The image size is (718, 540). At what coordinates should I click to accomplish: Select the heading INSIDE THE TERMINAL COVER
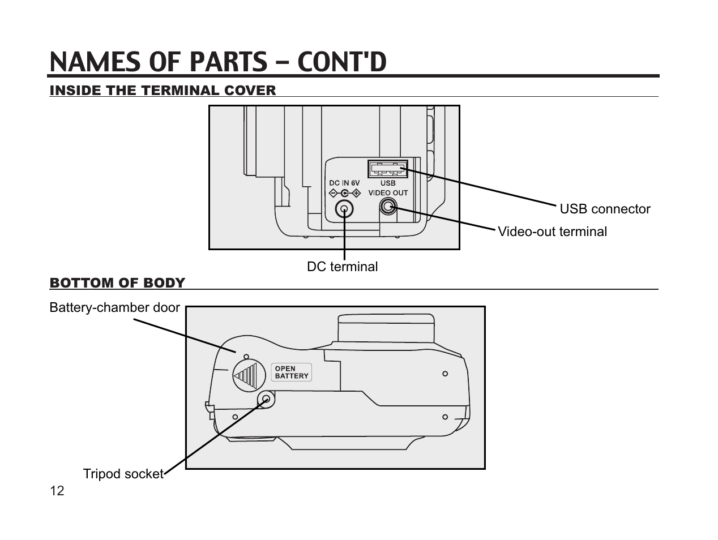(163, 91)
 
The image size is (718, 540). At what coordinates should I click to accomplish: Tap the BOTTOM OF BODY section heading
(117, 283)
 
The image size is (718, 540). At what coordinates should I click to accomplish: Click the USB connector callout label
(605, 209)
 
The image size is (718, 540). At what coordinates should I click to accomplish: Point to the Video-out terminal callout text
(552, 232)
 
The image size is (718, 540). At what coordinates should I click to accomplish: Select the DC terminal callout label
(342, 267)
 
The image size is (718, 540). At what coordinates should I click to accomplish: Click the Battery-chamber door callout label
(114, 308)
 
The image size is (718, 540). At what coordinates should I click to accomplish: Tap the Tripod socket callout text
(123, 474)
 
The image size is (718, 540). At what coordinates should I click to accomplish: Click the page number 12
(57, 491)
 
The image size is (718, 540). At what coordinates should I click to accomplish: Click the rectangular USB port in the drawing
(388, 169)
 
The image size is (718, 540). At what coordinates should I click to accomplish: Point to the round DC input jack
(344, 210)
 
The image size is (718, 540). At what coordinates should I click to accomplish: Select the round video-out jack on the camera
(387, 207)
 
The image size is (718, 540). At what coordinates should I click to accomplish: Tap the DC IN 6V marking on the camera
(344, 183)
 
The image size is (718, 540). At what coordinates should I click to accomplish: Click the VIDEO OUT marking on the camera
(388, 193)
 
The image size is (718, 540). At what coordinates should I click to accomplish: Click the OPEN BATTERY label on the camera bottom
(292, 372)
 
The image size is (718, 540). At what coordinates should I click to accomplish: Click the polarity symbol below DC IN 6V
(344, 193)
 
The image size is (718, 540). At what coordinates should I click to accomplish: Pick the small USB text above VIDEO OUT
(388, 183)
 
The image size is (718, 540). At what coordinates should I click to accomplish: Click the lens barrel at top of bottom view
(386, 328)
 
